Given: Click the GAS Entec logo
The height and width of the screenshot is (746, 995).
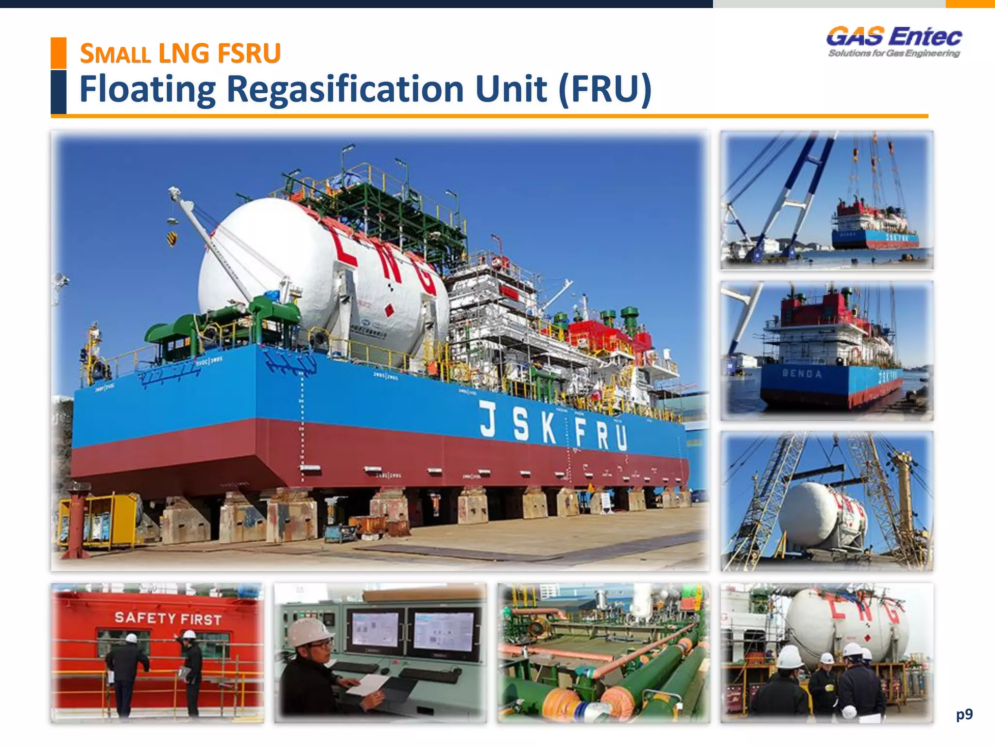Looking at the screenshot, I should (894, 37).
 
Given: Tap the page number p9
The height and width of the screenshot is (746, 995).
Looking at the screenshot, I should (964, 714).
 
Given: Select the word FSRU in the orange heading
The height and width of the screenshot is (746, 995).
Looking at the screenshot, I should (249, 53).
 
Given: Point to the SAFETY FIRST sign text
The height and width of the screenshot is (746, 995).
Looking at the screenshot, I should (168, 618).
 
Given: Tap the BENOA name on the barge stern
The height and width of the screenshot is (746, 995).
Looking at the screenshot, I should (802, 374).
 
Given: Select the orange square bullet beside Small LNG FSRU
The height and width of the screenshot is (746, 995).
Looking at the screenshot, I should (59, 52).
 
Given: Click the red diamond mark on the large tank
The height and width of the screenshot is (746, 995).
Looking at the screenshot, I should (389, 310).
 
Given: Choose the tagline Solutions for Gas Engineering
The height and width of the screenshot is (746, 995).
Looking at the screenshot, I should (894, 53).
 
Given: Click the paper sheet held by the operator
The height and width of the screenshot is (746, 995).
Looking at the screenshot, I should (367, 685).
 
